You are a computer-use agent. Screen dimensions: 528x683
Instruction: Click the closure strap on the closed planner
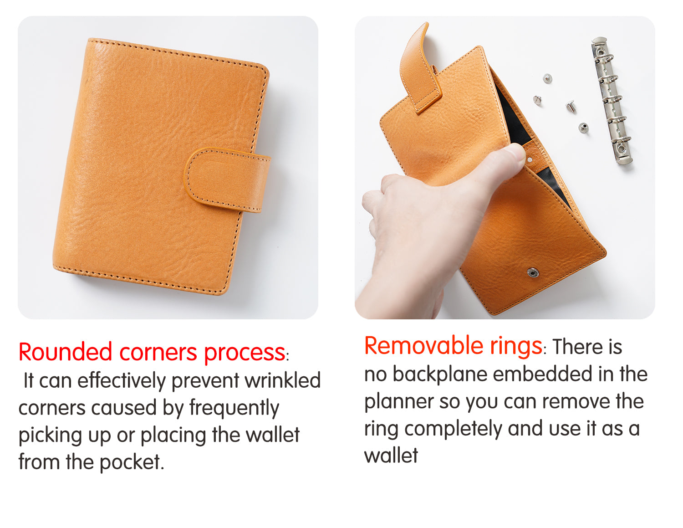click(x=228, y=180)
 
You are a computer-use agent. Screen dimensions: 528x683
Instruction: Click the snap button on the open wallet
click(x=533, y=272)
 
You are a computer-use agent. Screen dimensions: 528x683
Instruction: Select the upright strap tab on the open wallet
click(x=419, y=68)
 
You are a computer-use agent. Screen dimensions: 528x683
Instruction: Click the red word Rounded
click(x=65, y=352)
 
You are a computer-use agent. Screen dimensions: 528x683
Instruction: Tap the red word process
click(x=245, y=353)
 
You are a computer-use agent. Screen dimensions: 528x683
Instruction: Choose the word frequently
click(x=234, y=408)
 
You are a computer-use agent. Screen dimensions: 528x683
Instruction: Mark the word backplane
click(x=440, y=374)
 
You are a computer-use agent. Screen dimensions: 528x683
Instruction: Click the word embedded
click(x=542, y=374)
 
